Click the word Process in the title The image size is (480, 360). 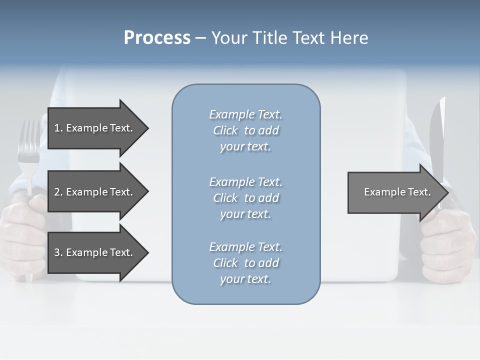157,38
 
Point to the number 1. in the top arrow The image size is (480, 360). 58,128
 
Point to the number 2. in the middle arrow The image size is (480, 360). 58,192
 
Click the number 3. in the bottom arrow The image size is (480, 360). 58,252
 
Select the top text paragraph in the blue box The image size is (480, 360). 245,130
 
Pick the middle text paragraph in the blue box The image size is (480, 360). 245,198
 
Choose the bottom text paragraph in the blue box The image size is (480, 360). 245,263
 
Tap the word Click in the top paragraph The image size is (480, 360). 225,130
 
